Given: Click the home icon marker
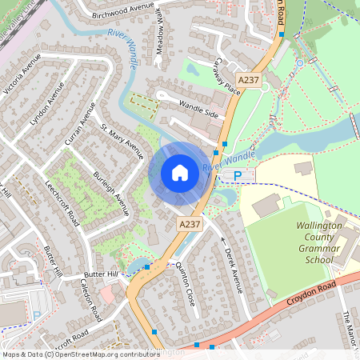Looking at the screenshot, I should [180, 172].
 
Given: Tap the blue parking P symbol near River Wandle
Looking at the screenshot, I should [237, 175].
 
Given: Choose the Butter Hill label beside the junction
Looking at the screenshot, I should [101, 275].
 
